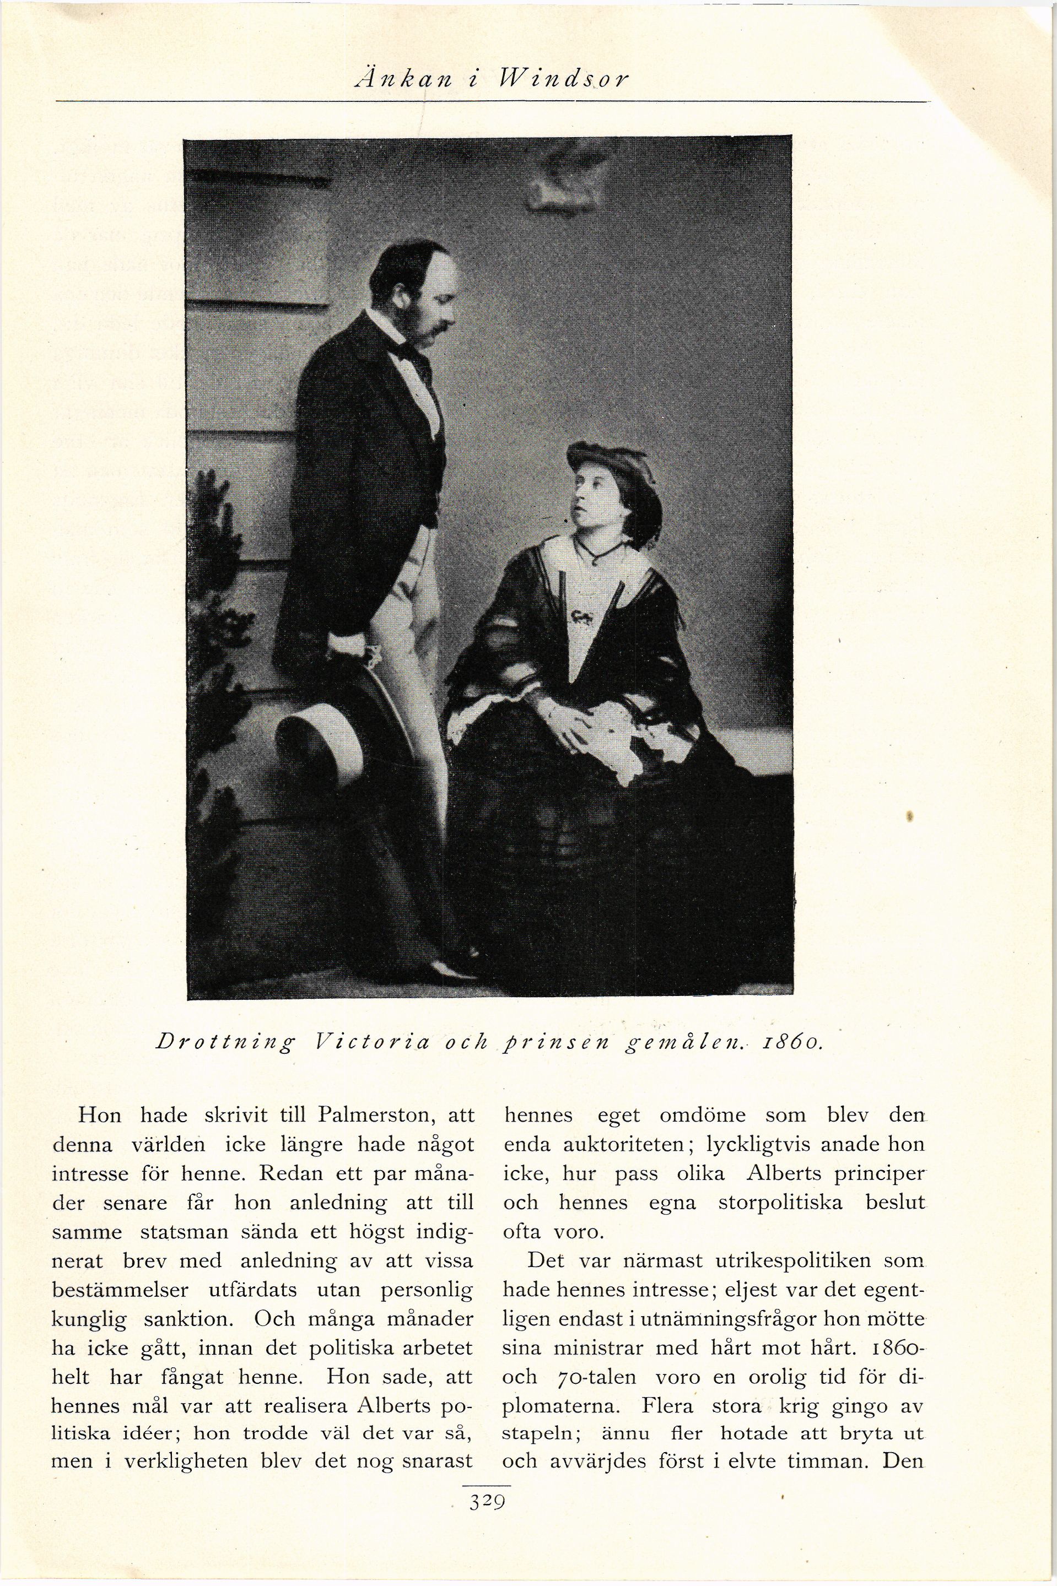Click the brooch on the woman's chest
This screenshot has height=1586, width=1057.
coord(581,615)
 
